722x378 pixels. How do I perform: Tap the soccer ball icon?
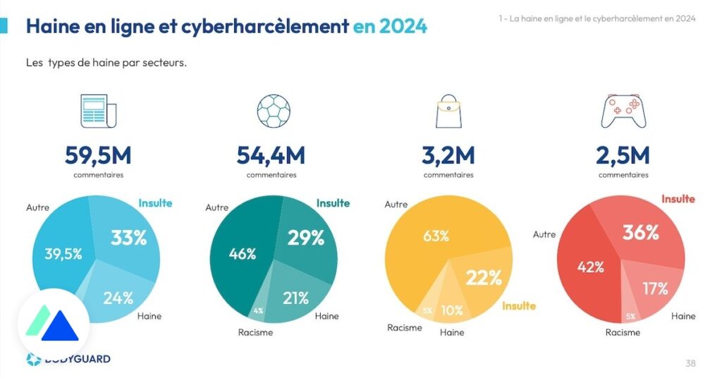point(274,111)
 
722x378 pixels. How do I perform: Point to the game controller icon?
point(623,112)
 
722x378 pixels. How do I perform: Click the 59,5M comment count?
point(98,154)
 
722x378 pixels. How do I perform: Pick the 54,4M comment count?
point(271,154)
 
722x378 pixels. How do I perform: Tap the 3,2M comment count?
point(448,154)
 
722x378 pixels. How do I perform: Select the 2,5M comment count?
point(623,154)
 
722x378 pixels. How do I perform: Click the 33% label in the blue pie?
point(128,238)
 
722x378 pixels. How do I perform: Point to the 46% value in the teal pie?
point(243,255)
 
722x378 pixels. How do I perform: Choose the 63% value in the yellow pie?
point(436,236)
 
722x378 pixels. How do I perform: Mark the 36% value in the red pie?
point(641,232)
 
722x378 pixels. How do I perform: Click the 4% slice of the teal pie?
point(258,310)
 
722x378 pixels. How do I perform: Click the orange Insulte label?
point(518,306)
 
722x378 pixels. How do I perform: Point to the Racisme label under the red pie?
point(623,332)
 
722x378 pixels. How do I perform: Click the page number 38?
point(690,363)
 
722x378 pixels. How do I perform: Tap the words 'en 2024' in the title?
point(390,27)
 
